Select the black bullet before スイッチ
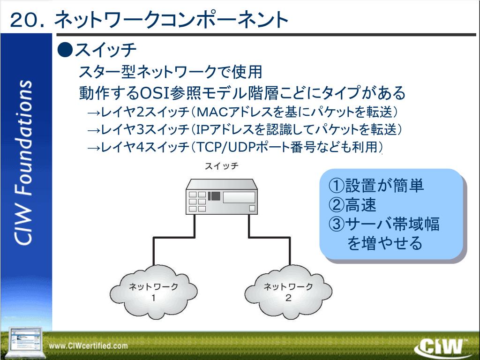(x=65, y=49)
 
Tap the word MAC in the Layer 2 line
(x=211, y=112)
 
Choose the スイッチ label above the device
(x=222, y=167)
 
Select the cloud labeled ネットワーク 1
(x=153, y=292)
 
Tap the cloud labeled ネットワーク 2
(x=288, y=292)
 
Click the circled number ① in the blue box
(x=337, y=186)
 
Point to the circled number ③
(x=337, y=224)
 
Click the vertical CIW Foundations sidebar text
(x=24, y=162)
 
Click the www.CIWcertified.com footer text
(x=89, y=346)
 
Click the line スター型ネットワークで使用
(x=170, y=72)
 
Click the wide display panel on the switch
(x=239, y=197)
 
